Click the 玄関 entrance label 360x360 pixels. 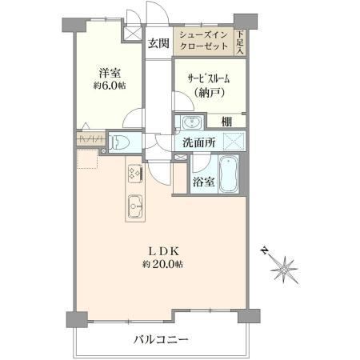tap(158, 43)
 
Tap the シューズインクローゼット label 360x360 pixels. tap(204, 41)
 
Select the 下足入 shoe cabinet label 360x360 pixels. tap(240, 42)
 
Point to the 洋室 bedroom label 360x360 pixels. tap(110, 73)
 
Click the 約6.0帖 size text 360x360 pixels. tap(110, 86)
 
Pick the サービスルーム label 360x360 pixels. tap(209, 78)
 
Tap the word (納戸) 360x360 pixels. tap(209, 92)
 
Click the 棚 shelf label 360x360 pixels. tap(226, 122)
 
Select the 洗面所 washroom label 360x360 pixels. tap(198, 143)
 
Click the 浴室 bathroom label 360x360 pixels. tap(204, 182)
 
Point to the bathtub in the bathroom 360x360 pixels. tap(229, 174)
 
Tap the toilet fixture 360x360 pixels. tap(120, 142)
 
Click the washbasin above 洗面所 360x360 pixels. tap(192, 123)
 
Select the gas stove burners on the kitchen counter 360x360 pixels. tap(136, 173)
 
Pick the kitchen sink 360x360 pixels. tap(136, 206)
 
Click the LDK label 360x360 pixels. tap(163, 251)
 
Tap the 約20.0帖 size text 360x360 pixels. tap(162, 264)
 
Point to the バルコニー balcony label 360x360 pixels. tap(162, 340)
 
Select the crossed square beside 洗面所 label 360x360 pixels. tap(234, 142)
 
